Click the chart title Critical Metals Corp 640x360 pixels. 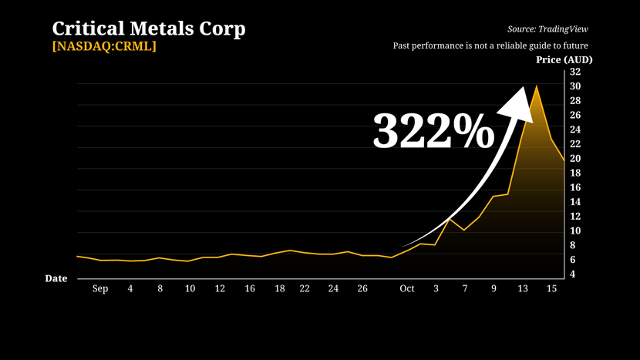pyautogui.click(x=149, y=29)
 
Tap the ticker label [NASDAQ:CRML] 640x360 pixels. pyautogui.click(x=104, y=47)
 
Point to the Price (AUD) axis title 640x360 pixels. pyautogui.click(x=564, y=60)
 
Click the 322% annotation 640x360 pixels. pyautogui.click(x=433, y=131)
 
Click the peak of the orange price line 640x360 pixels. pyautogui.click(x=537, y=86)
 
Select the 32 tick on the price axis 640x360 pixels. pyautogui.click(x=574, y=72)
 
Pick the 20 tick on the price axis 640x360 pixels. pyautogui.click(x=574, y=159)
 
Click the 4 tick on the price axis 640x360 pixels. pyautogui.click(x=572, y=274)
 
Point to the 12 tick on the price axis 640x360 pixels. pyautogui.click(x=574, y=217)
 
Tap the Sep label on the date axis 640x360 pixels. pyautogui.click(x=100, y=289)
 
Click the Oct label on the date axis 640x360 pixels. pyautogui.click(x=407, y=289)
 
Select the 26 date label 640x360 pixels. pyautogui.click(x=362, y=289)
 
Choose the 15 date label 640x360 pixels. pyautogui.click(x=551, y=289)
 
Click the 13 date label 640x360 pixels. pyautogui.click(x=523, y=289)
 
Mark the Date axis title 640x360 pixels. pyautogui.click(x=56, y=278)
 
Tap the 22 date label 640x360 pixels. pyautogui.click(x=305, y=289)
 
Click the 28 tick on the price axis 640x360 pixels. pyautogui.click(x=574, y=101)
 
